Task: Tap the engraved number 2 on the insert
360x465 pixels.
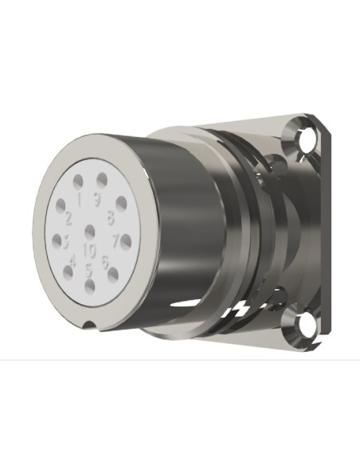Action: (69, 217)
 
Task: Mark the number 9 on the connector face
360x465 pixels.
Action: (97, 200)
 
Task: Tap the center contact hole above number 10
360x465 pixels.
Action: (89, 232)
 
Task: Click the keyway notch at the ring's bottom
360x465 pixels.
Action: (93, 322)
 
